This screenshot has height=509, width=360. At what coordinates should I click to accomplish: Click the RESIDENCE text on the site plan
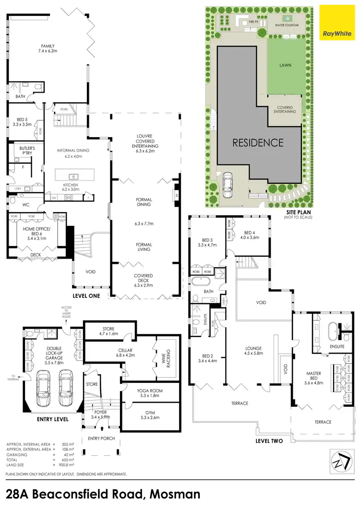click(x=258, y=142)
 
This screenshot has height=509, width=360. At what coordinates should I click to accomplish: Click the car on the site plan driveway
click(x=227, y=182)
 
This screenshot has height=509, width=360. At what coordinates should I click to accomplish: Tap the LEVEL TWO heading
click(x=269, y=441)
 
